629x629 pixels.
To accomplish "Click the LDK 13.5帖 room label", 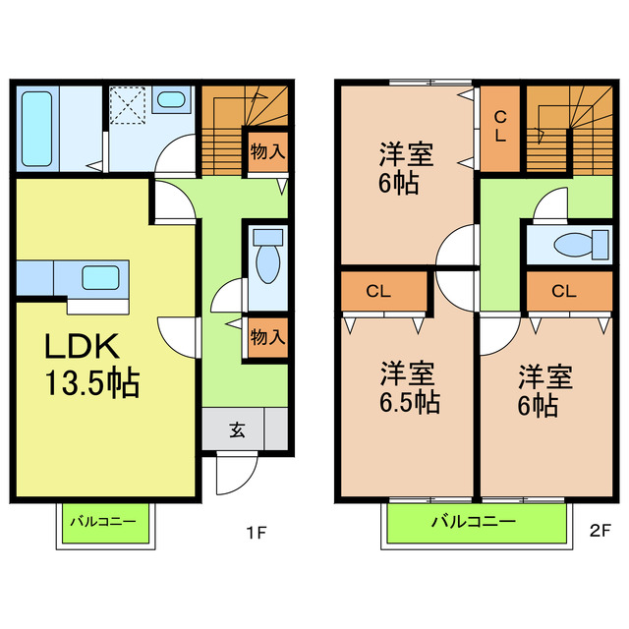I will [x=88, y=364].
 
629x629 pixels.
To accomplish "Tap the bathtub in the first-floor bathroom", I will [x=41, y=128].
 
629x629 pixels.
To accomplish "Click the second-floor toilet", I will [x=571, y=245].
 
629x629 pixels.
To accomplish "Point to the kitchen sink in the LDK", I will [x=99, y=277].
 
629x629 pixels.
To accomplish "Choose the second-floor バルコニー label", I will [x=473, y=522].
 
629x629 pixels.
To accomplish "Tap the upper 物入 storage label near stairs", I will [x=266, y=152].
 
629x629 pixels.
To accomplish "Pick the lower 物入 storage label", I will [x=266, y=336].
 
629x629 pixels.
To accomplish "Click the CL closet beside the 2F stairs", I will [x=499, y=128].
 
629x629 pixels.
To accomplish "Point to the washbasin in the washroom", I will [x=174, y=99].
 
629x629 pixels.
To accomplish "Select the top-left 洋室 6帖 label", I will [x=405, y=168].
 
